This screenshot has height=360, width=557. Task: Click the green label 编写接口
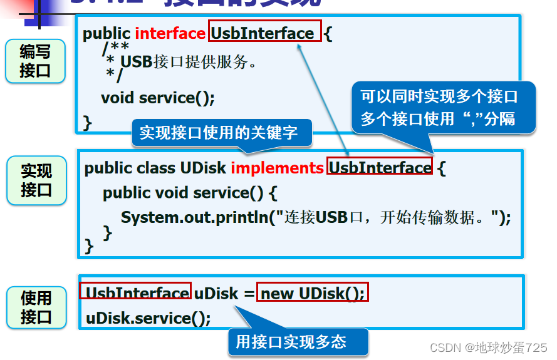[35, 61]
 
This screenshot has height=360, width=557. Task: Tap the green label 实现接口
[36, 180]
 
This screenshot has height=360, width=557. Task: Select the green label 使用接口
[36, 307]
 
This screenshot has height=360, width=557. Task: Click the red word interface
[170, 33]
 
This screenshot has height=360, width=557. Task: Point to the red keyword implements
[277, 168]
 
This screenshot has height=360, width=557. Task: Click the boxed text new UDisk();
[313, 292]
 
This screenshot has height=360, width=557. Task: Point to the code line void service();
[158, 98]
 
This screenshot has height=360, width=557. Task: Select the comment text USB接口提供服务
[189, 63]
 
